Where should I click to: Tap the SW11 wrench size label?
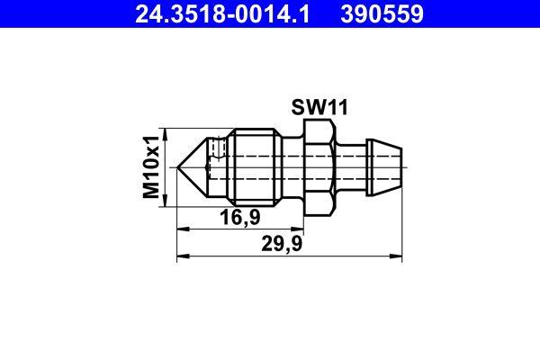pyautogui.click(x=319, y=109)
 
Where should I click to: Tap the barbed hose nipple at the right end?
pyautogui.click(x=385, y=167)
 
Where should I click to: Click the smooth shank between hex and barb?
pyautogui.click(x=353, y=167)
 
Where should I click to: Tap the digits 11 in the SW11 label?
pyautogui.click(x=336, y=109)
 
